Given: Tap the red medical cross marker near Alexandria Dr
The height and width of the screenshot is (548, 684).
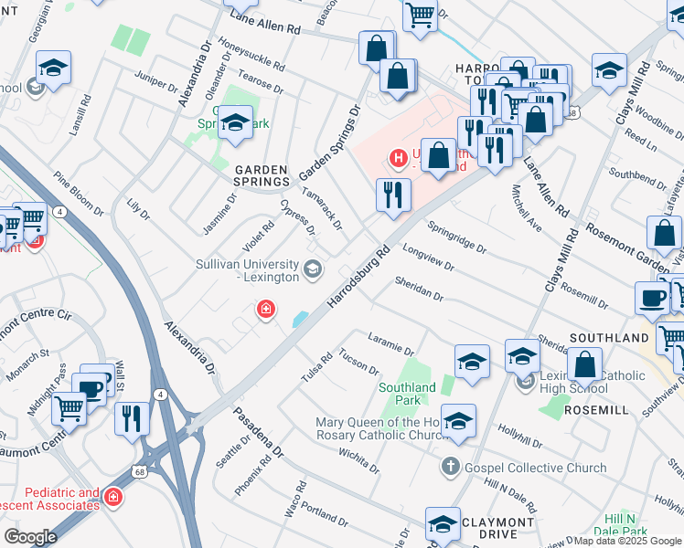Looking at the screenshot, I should pos(266,311).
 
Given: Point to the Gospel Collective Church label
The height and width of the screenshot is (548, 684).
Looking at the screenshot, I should pos(535,468).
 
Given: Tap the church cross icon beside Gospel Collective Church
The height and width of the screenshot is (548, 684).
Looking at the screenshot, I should pos(449,468).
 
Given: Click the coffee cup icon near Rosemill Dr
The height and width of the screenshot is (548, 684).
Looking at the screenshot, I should pos(653,297).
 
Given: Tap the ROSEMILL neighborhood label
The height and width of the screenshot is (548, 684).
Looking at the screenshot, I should pos(595,410).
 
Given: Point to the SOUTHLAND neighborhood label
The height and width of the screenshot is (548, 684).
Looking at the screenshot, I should pos(608,338).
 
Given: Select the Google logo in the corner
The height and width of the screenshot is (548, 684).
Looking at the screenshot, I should pos(30,537).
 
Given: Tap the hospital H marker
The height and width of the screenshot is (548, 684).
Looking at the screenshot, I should pos(399,158).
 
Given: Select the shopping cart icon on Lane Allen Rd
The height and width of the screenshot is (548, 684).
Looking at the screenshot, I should pos(419,15).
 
